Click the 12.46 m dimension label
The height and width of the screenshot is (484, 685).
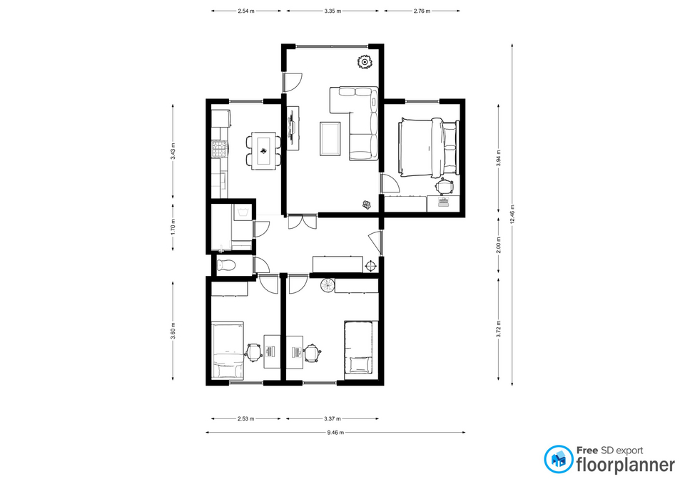(x=512, y=214)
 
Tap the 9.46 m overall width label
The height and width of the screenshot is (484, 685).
(x=335, y=433)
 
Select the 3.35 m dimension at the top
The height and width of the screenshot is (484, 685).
(x=333, y=11)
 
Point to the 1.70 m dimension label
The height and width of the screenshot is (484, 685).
(x=173, y=227)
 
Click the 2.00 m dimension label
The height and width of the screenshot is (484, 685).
(x=499, y=244)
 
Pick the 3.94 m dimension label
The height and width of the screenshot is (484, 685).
(x=499, y=158)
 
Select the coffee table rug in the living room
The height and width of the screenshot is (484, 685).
(x=330, y=138)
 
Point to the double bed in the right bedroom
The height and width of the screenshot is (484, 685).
(x=428, y=148)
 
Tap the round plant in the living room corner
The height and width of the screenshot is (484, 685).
(x=364, y=63)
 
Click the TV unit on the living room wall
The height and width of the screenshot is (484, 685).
(x=293, y=128)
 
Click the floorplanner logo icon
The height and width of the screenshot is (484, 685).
(x=558, y=459)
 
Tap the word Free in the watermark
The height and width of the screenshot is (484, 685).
(x=587, y=450)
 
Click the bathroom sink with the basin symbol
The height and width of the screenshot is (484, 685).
(x=243, y=213)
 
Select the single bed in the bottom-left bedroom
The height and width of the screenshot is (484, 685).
(x=227, y=351)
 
